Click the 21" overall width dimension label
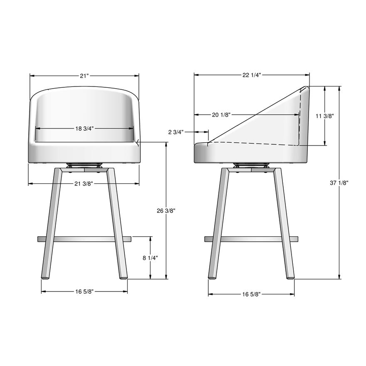pos(84,76)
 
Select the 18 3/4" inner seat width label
pos(84,129)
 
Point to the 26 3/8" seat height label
pos(166,211)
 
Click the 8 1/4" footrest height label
pos(150,258)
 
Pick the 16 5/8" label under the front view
pos(84,292)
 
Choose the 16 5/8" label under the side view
pos(251,294)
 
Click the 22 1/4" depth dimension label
pos(252,75)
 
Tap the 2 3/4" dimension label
pos(176,132)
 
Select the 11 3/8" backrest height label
pos(325,116)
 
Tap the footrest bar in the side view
pos(251,239)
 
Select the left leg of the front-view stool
pos(52,225)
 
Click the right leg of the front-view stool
pos(116,225)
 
